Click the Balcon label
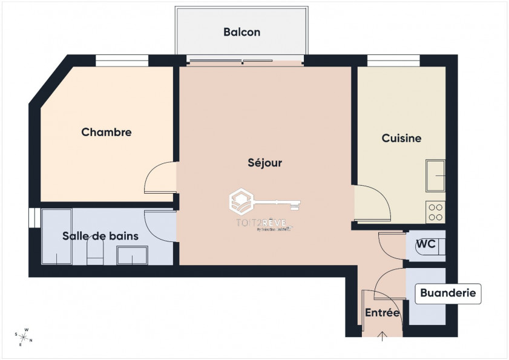pos(241,32)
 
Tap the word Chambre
pos(107,132)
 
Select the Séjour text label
pos(264,163)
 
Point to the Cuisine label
pos(401,139)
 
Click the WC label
pos(425,244)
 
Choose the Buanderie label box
pos(448,294)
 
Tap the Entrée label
pos(382,313)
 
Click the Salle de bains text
pos(100,236)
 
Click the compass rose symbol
pos(24,336)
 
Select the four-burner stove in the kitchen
pos(436,212)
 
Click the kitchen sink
pos(436,175)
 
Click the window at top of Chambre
pos(122,60)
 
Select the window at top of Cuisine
pos(393,60)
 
